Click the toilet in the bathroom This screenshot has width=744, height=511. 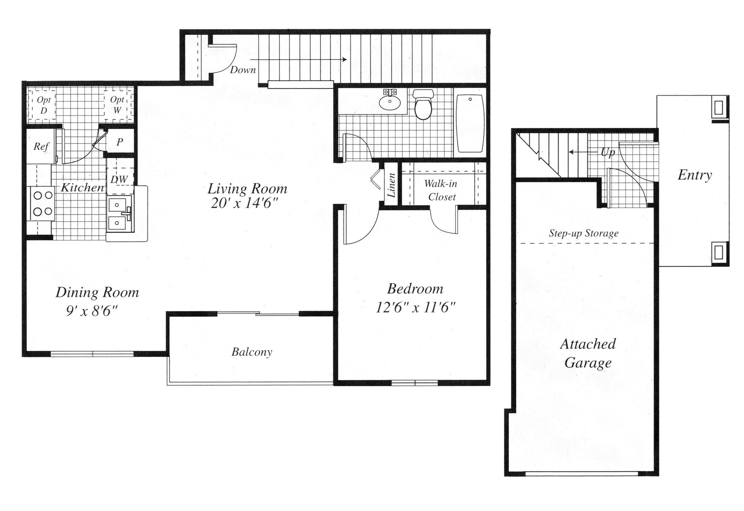pos(423,105)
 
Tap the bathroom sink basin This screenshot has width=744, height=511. pos(390,101)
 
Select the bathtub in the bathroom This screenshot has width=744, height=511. pos(470,123)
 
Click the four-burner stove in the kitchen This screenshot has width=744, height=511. pos(41,203)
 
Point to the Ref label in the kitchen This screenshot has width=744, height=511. pos(41,146)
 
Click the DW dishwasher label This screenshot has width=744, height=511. pos(119,179)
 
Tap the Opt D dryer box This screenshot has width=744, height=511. pos(44,105)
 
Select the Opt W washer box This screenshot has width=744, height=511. pos(117,105)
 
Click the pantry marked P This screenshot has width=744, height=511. pos(120,142)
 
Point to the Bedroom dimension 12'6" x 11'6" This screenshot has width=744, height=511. pos(415,308)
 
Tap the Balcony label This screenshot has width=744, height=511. pos(252,352)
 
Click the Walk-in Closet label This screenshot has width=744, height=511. pos(441,190)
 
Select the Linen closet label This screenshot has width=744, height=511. pos(391,185)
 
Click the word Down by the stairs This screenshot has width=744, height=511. pos(243,70)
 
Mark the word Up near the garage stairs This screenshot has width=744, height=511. pos(608,153)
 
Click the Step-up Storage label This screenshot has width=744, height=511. pos(583,233)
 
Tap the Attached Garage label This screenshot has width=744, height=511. pos(588,353)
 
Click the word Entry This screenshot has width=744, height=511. pos(695,175)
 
